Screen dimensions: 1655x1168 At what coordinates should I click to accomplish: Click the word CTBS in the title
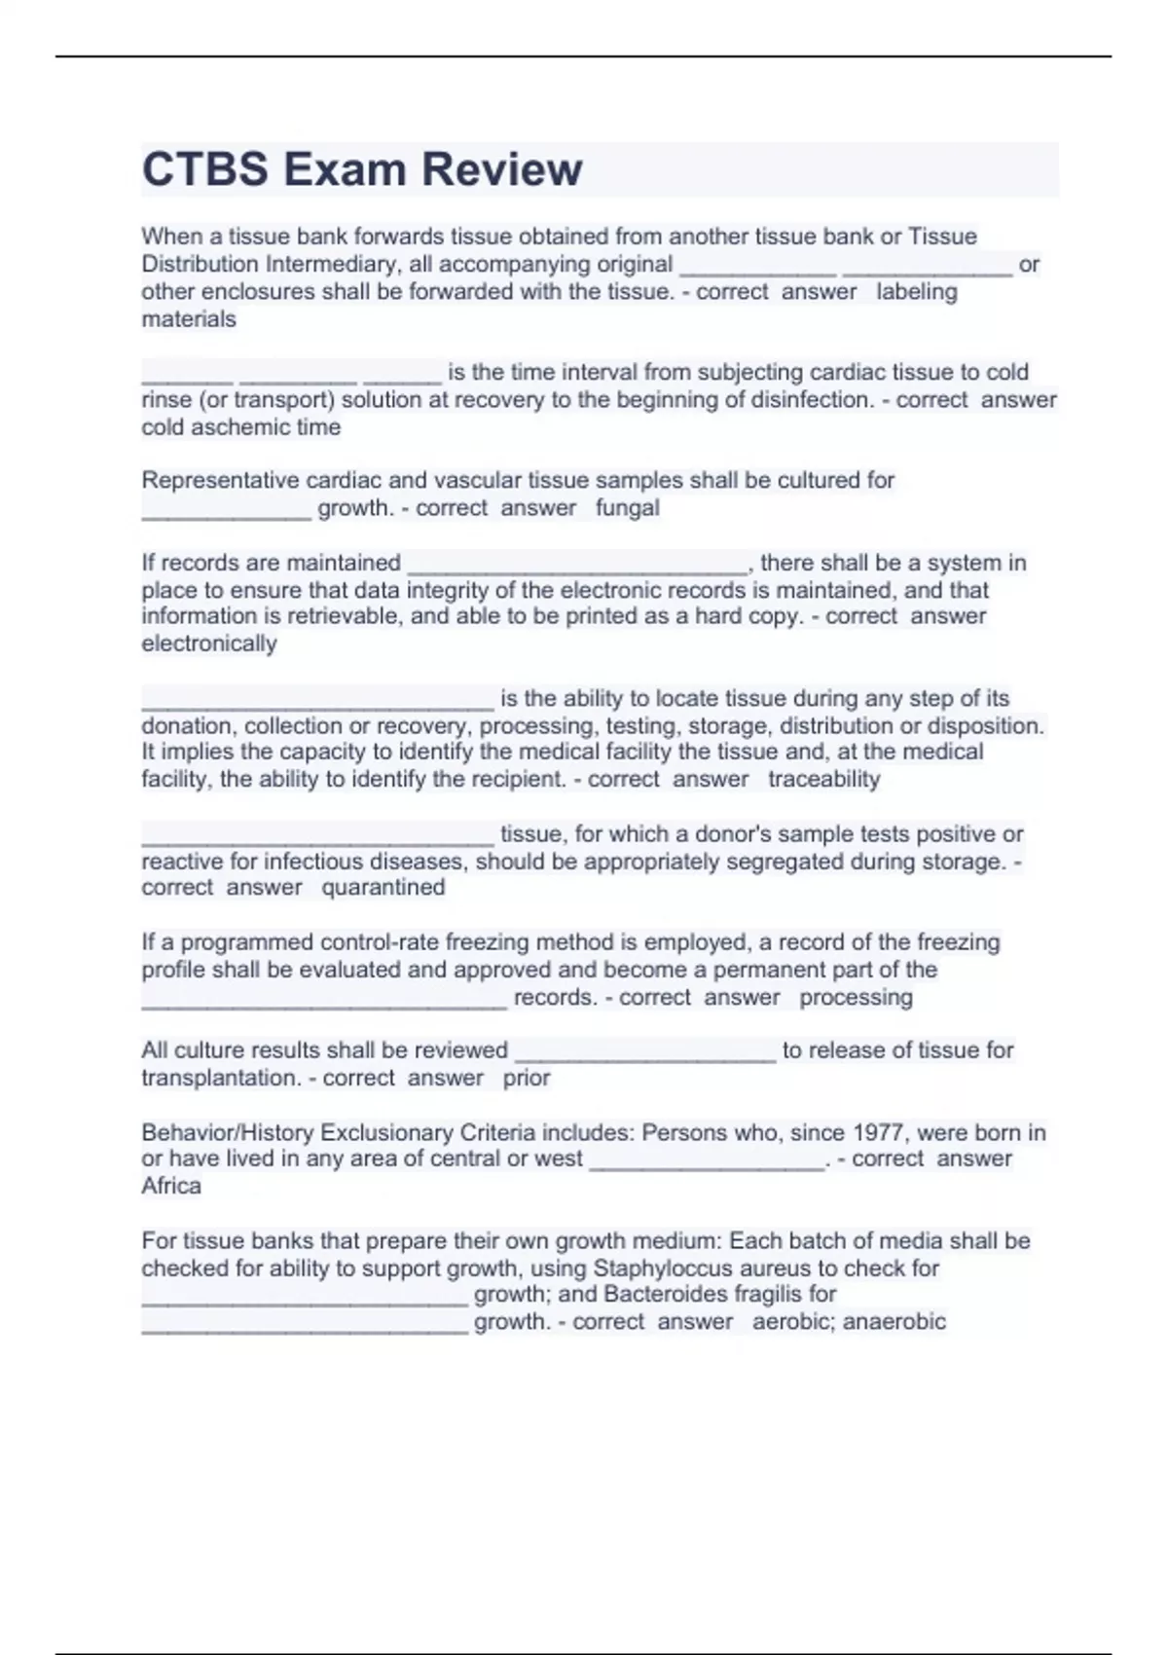pos(204,169)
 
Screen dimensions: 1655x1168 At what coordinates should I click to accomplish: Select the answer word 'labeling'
pos(916,292)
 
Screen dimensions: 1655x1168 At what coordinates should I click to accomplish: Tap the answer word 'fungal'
pos(627,508)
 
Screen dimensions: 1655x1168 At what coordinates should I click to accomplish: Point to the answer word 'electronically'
pos(209,644)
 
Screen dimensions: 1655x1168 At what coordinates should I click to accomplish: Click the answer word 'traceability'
pos(823,780)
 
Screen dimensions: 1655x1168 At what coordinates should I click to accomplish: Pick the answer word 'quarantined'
pos(383,888)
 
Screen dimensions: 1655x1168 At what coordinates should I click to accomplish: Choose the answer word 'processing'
pos(856,998)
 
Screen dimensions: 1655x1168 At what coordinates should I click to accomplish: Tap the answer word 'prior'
pos(527,1079)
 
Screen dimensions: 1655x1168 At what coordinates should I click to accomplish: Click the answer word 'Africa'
pos(171,1186)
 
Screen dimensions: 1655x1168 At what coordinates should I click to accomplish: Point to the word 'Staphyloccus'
pos(666,1269)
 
